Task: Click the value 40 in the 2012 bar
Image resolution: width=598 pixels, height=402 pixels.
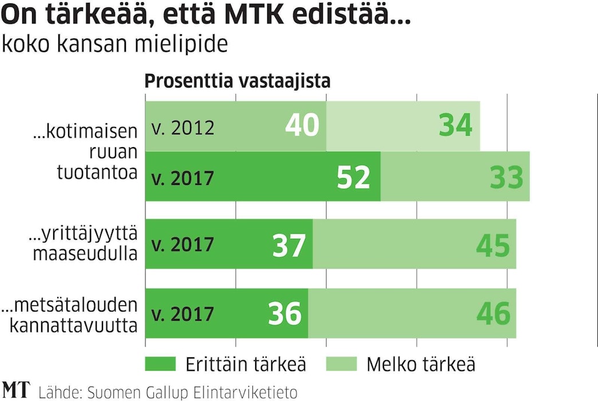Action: click(x=302, y=125)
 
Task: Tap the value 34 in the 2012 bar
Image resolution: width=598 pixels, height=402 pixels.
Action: click(x=456, y=125)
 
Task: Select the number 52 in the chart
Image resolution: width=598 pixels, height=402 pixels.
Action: click(x=354, y=177)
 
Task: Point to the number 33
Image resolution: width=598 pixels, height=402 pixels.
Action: click(x=506, y=177)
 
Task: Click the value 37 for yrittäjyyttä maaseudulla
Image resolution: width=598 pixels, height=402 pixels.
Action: click(x=290, y=245)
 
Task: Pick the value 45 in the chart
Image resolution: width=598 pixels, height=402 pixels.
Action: click(x=493, y=245)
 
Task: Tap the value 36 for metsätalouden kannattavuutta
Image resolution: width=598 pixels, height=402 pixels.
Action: click(x=284, y=314)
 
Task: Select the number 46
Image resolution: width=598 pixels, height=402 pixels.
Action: click(x=493, y=314)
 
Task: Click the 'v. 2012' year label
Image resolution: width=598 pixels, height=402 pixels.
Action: click(x=183, y=127)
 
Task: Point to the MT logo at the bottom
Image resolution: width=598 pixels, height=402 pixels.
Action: click(x=17, y=391)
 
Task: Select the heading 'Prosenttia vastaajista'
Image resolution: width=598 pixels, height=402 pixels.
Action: click(x=237, y=81)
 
